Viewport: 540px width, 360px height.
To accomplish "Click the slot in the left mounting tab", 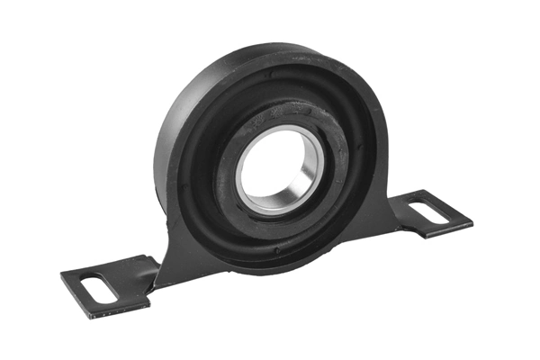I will [101, 289].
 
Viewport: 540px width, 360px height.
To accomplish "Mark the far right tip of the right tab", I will [472, 220].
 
